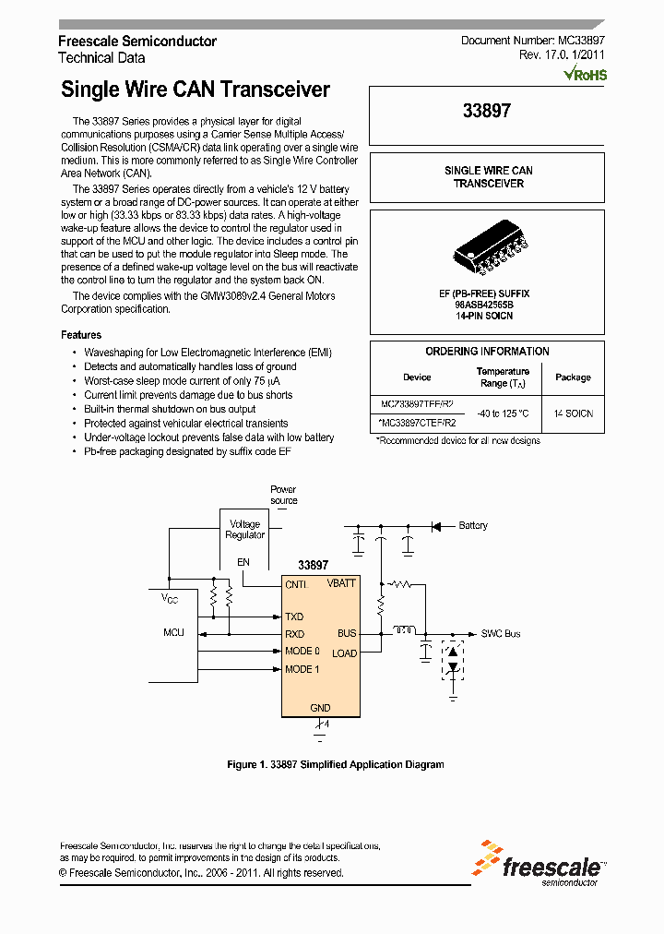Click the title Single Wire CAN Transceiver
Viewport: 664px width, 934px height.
tap(195, 90)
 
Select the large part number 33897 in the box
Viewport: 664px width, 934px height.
tap(486, 111)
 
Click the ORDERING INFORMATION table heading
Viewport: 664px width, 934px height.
tap(487, 352)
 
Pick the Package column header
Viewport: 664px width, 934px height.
tap(573, 377)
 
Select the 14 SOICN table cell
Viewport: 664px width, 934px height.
tap(574, 413)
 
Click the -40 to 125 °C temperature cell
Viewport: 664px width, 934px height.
tap(503, 413)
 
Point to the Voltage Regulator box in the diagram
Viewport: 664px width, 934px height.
tap(244, 530)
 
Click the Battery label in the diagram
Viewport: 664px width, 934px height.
tap(473, 526)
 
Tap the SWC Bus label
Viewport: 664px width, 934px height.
tap(501, 634)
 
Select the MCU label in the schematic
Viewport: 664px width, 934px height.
tap(173, 633)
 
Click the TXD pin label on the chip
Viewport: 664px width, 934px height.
tap(294, 617)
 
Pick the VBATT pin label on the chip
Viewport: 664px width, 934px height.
tap(341, 584)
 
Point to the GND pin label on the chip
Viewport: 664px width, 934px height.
tap(320, 708)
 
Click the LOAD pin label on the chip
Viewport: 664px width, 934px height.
tap(344, 653)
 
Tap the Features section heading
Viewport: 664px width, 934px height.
tap(81, 335)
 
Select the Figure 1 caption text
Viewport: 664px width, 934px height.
tap(335, 764)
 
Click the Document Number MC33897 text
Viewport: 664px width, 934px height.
tap(532, 42)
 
